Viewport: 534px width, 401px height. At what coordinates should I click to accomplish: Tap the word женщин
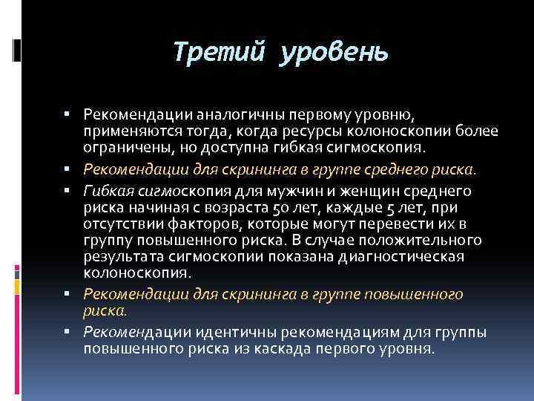[x=365, y=192]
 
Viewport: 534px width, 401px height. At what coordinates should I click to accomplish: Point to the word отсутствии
[x=124, y=224]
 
